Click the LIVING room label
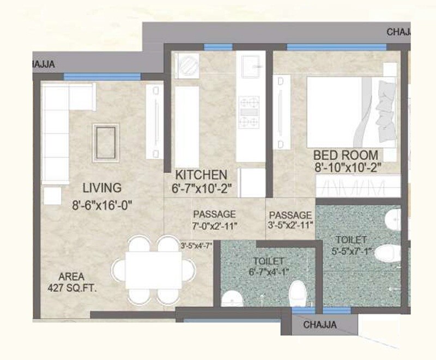101,188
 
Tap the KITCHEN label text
200,175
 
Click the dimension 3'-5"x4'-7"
197,246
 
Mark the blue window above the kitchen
210,47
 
